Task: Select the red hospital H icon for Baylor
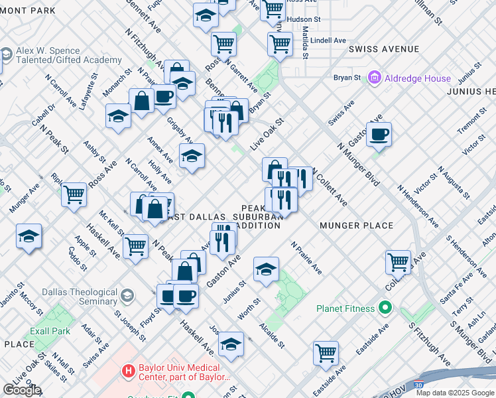click(x=128, y=369)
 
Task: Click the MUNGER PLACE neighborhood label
click(x=357, y=226)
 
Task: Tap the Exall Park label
click(x=50, y=331)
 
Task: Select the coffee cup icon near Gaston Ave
click(x=379, y=134)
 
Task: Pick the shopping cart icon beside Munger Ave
click(x=74, y=194)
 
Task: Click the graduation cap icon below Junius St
click(x=266, y=269)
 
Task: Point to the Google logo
click(x=22, y=390)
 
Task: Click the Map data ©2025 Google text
click(x=454, y=393)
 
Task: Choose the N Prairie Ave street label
click(x=306, y=258)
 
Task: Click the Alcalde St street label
click(x=273, y=335)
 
